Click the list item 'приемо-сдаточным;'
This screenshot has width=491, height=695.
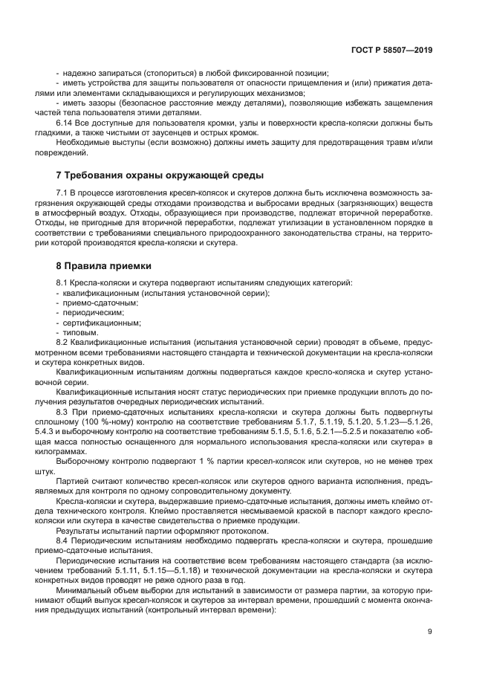86,303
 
